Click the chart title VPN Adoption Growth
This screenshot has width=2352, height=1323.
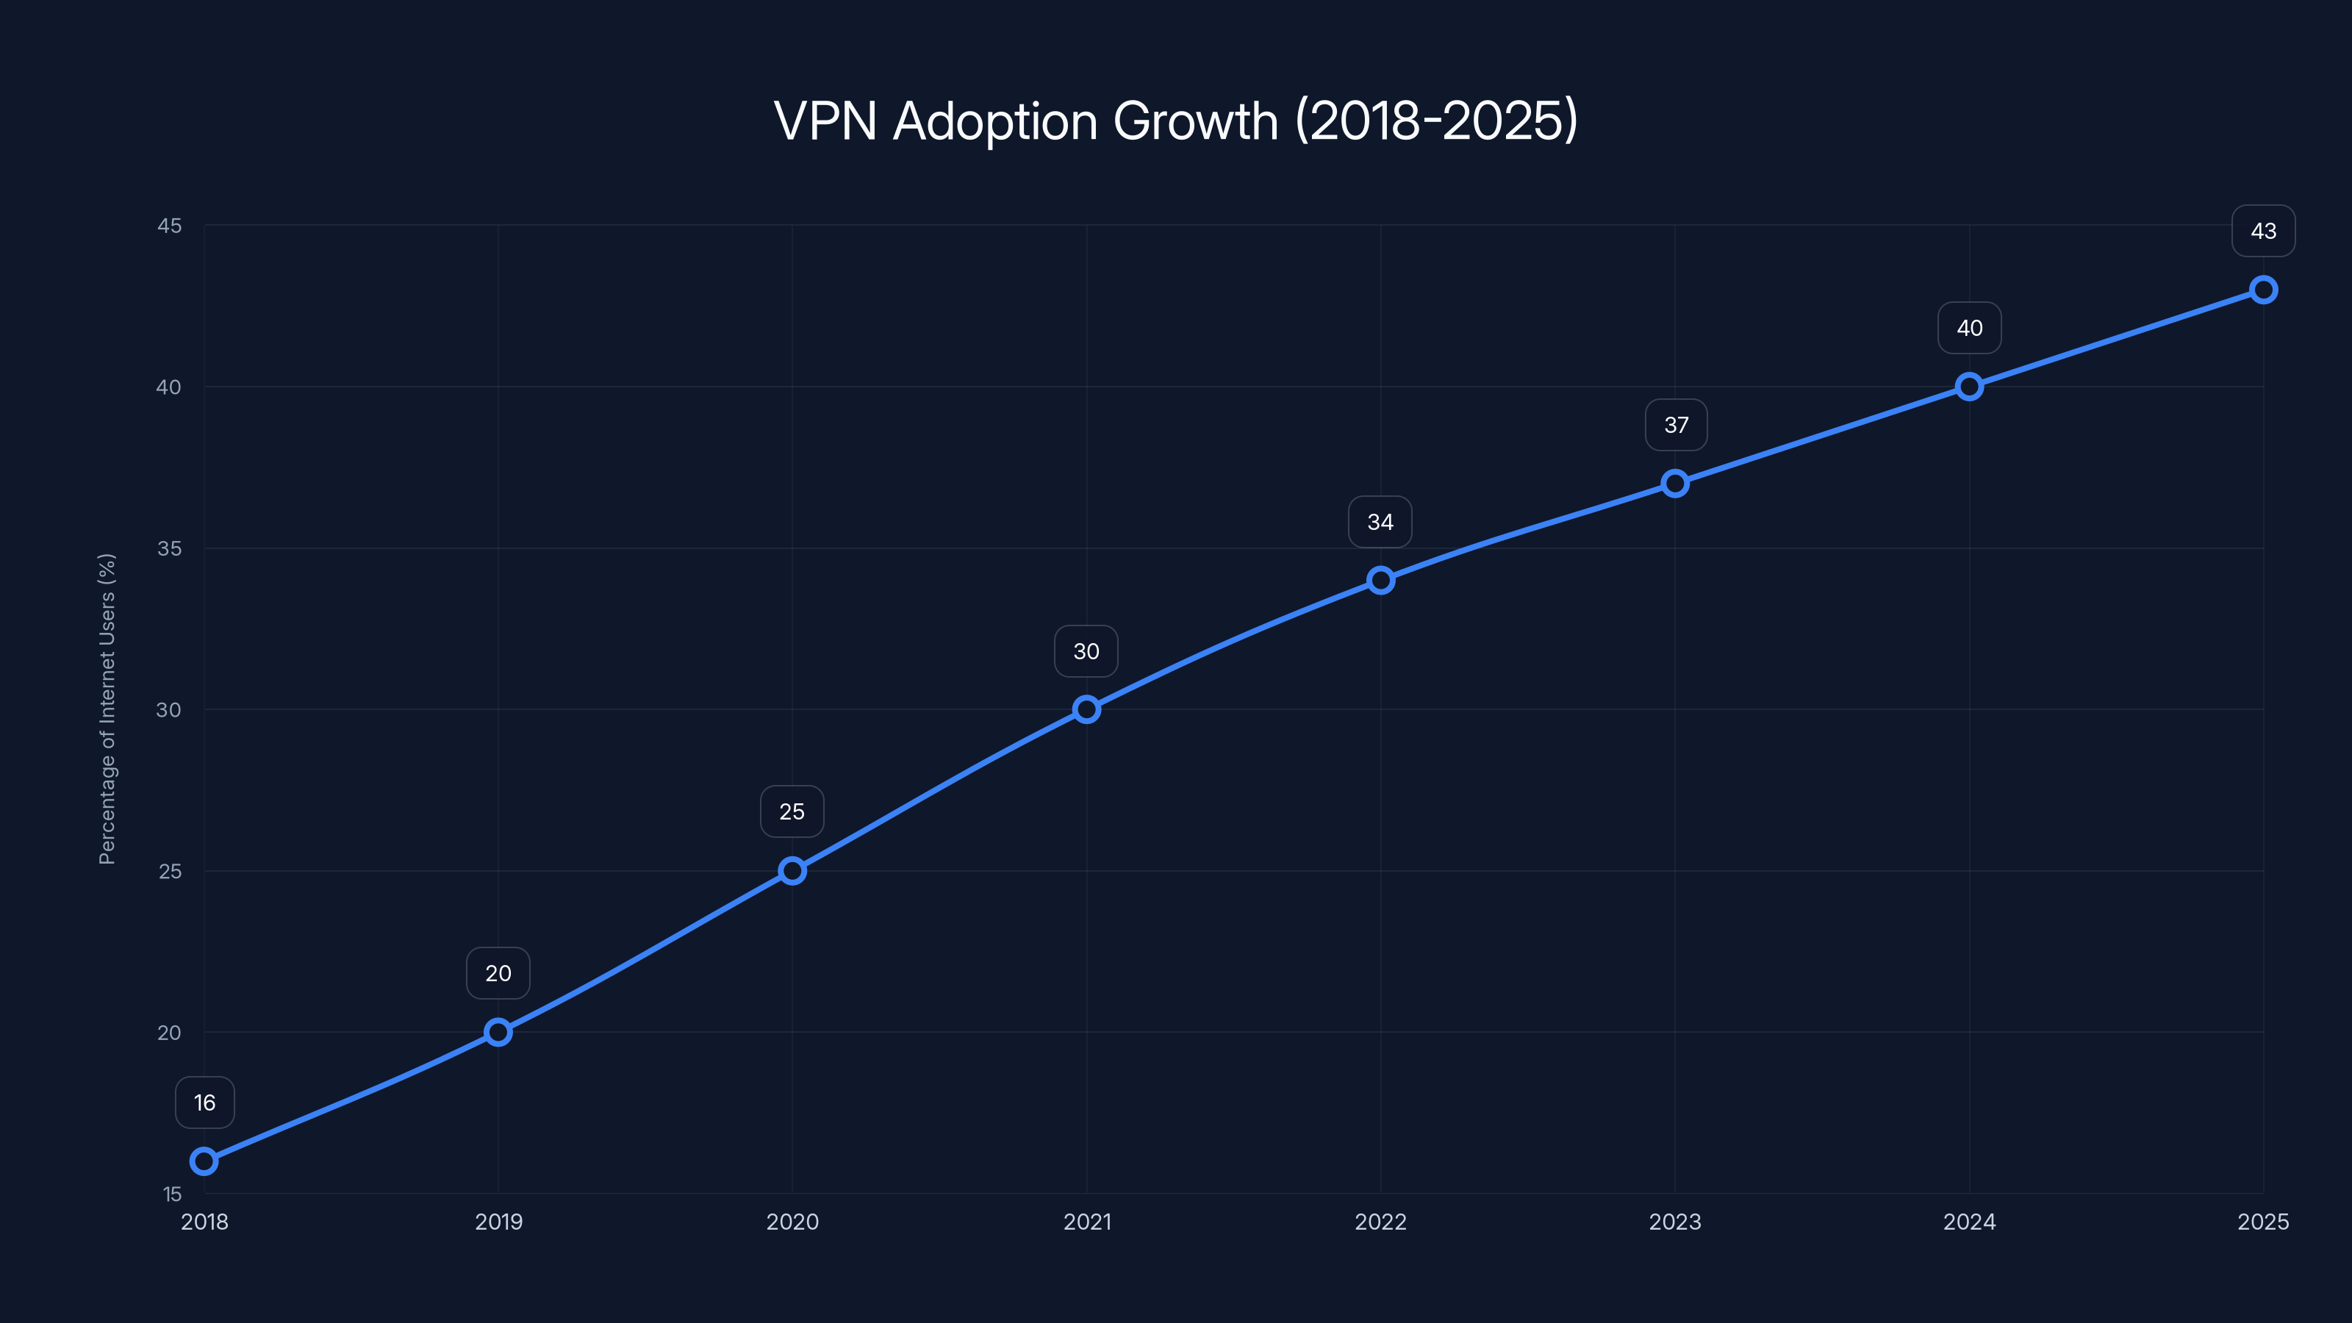pyautogui.click(x=1175, y=121)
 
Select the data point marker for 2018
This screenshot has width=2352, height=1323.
pyautogui.click(x=204, y=1161)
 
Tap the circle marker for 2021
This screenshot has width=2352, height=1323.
pyautogui.click(x=1086, y=709)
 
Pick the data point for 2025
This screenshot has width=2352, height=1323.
pyautogui.click(x=2264, y=290)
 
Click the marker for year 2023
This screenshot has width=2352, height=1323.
pyautogui.click(x=1674, y=484)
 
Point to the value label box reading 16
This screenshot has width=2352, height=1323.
pyautogui.click(x=204, y=1103)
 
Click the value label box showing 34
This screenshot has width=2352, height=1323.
pyautogui.click(x=1380, y=523)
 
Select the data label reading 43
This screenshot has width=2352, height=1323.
pyautogui.click(x=2264, y=231)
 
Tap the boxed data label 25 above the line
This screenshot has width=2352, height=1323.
pyautogui.click(x=792, y=811)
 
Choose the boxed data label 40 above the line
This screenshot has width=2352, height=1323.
pyautogui.click(x=1970, y=328)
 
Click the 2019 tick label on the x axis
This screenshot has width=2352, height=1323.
pyautogui.click(x=498, y=1222)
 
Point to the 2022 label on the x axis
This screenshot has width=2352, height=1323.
pyautogui.click(x=1380, y=1222)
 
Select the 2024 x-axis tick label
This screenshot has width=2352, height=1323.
pyautogui.click(x=1970, y=1222)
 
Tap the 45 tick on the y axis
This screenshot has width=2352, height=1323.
pyautogui.click(x=169, y=226)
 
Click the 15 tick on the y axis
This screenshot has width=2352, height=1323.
pyautogui.click(x=172, y=1194)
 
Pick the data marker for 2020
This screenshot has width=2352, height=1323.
pyautogui.click(x=792, y=871)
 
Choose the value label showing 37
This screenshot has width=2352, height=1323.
pyautogui.click(x=1676, y=426)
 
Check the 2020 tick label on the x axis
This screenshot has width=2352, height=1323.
pyautogui.click(x=792, y=1222)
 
